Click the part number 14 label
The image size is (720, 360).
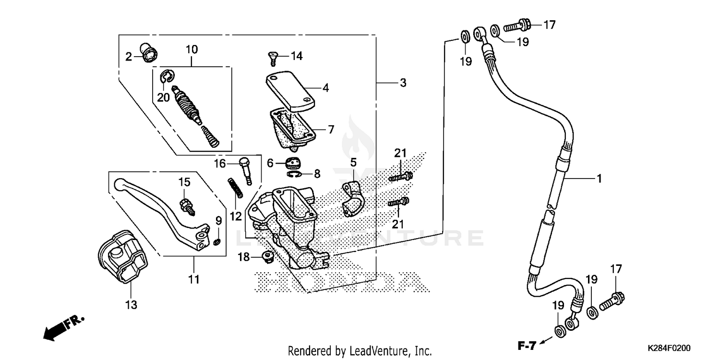(x=296, y=56)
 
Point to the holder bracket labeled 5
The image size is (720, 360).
(x=353, y=198)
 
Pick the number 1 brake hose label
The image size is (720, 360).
(x=599, y=179)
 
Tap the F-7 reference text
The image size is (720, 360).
(x=526, y=344)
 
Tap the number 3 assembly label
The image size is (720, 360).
(x=403, y=83)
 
